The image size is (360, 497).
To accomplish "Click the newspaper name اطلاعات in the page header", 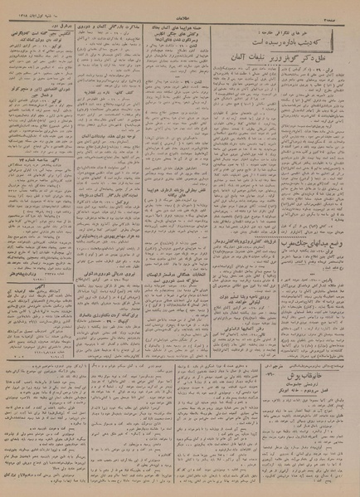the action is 177,8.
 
